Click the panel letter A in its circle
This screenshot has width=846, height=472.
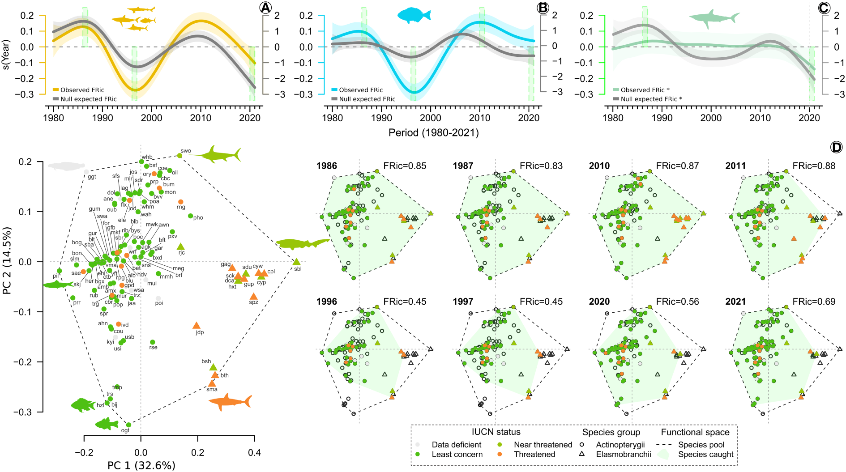click(265, 8)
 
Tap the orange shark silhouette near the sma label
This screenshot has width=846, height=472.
click(230, 402)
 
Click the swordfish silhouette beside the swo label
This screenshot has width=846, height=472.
click(217, 154)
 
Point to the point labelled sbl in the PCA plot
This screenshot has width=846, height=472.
click(296, 262)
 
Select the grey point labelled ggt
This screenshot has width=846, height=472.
click(86, 172)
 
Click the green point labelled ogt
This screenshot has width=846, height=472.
click(128, 425)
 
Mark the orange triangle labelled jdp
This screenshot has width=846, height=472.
click(196, 326)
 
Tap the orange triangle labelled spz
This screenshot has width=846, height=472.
click(254, 297)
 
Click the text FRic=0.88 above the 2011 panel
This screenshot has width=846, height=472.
click(814, 166)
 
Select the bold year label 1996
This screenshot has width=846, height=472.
click(327, 302)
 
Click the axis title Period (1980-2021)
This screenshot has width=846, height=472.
click(433, 133)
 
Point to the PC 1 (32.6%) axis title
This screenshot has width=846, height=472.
click(141, 466)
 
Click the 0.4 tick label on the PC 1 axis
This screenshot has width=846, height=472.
click(254, 453)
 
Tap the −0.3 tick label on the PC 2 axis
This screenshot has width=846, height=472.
click(22, 412)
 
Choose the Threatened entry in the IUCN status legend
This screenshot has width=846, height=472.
click(534, 455)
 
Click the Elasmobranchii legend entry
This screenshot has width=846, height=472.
click(623, 455)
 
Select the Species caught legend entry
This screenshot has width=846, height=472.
click(705, 455)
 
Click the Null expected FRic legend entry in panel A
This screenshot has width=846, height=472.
click(88, 99)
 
